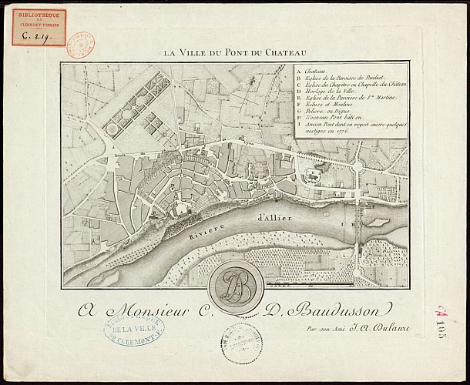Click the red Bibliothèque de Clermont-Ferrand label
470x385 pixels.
[x=39, y=27]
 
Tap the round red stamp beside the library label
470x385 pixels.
[x=80, y=45]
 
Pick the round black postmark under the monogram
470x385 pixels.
[x=242, y=343]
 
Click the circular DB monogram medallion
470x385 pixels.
[x=236, y=286]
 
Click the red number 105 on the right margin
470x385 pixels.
[x=444, y=317]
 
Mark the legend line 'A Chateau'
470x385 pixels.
[x=312, y=69]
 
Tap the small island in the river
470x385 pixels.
[x=378, y=222]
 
